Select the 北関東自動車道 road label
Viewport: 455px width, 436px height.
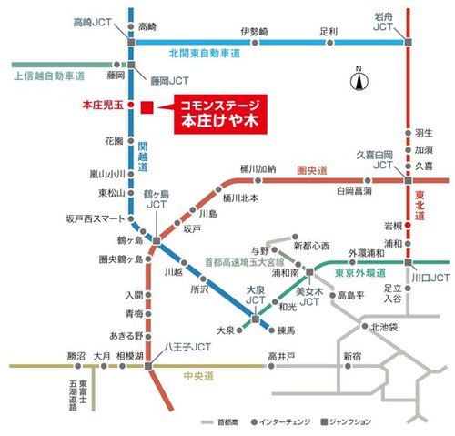point(205,55)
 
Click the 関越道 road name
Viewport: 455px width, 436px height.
point(145,158)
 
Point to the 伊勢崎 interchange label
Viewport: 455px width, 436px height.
point(255,32)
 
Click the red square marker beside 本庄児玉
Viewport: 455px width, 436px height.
point(146,106)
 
